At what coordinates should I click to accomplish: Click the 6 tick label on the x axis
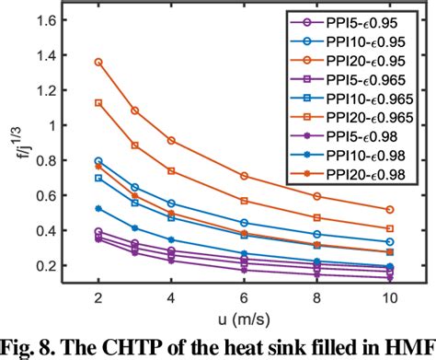[243, 298]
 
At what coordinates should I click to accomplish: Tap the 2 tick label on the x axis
[98, 298]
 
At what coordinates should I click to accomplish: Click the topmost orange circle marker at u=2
[98, 62]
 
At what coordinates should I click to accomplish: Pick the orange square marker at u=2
[98, 103]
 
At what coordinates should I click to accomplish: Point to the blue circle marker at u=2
[98, 161]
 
